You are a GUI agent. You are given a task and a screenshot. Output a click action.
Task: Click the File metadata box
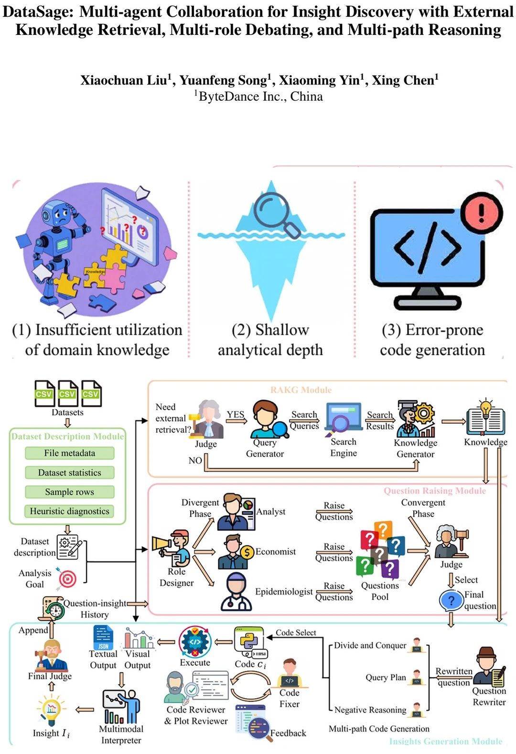click(x=70, y=453)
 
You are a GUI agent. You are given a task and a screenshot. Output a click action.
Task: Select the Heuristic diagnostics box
click(x=70, y=511)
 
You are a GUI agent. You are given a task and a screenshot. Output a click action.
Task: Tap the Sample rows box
click(x=70, y=492)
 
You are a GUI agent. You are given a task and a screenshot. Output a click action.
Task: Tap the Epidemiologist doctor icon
click(x=236, y=592)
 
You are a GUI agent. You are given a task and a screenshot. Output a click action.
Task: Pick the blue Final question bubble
click(x=451, y=601)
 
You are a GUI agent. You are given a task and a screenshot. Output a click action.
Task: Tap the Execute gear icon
click(x=195, y=642)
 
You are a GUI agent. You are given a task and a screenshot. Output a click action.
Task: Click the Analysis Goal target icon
click(x=67, y=579)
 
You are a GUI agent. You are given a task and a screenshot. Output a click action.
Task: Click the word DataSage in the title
click(x=39, y=12)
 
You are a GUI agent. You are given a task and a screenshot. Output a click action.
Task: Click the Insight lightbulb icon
click(x=51, y=709)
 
